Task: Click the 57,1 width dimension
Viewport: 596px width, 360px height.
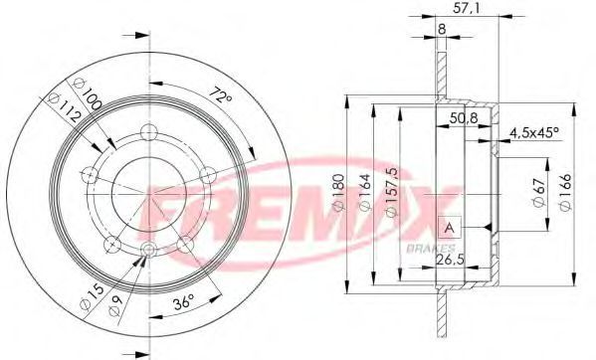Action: (467, 8)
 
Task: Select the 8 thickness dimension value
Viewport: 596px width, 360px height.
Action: (442, 29)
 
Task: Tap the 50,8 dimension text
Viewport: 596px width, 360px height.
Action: (464, 118)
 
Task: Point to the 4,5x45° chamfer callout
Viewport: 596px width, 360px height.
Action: (534, 132)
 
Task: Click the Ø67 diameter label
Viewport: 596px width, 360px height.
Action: (539, 192)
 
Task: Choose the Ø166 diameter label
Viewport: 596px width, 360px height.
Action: (565, 193)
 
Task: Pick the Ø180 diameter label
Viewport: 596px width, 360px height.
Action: (338, 192)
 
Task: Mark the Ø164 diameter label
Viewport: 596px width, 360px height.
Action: (364, 192)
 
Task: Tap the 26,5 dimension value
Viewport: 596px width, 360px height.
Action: (450, 260)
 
